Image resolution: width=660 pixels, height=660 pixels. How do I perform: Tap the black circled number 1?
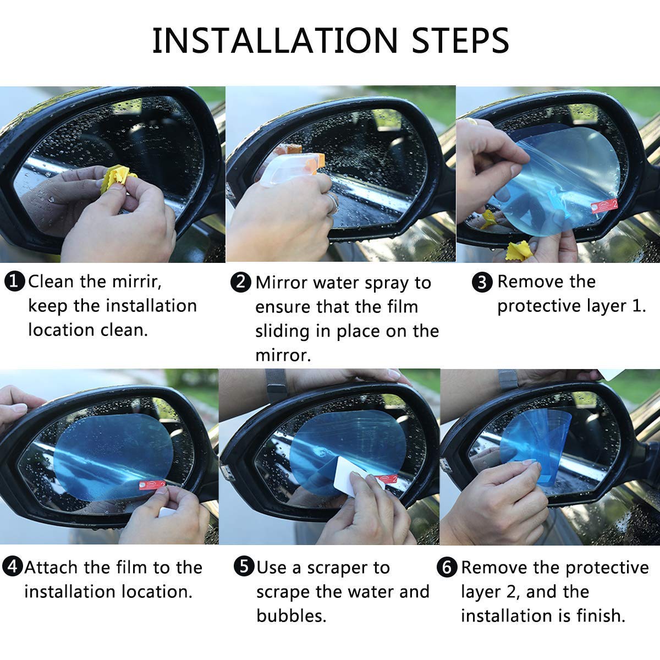[14, 282]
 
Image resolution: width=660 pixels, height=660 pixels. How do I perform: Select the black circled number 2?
[241, 282]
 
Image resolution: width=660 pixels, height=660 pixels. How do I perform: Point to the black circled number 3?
[482, 282]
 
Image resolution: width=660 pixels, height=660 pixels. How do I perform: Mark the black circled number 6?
[447, 567]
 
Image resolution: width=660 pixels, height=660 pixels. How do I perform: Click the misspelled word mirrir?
[136, 282]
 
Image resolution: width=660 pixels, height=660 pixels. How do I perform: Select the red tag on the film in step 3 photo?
[604, 206]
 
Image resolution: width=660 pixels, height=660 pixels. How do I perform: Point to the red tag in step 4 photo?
[152, 485]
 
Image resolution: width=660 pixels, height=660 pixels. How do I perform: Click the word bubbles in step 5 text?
[291, 615]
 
